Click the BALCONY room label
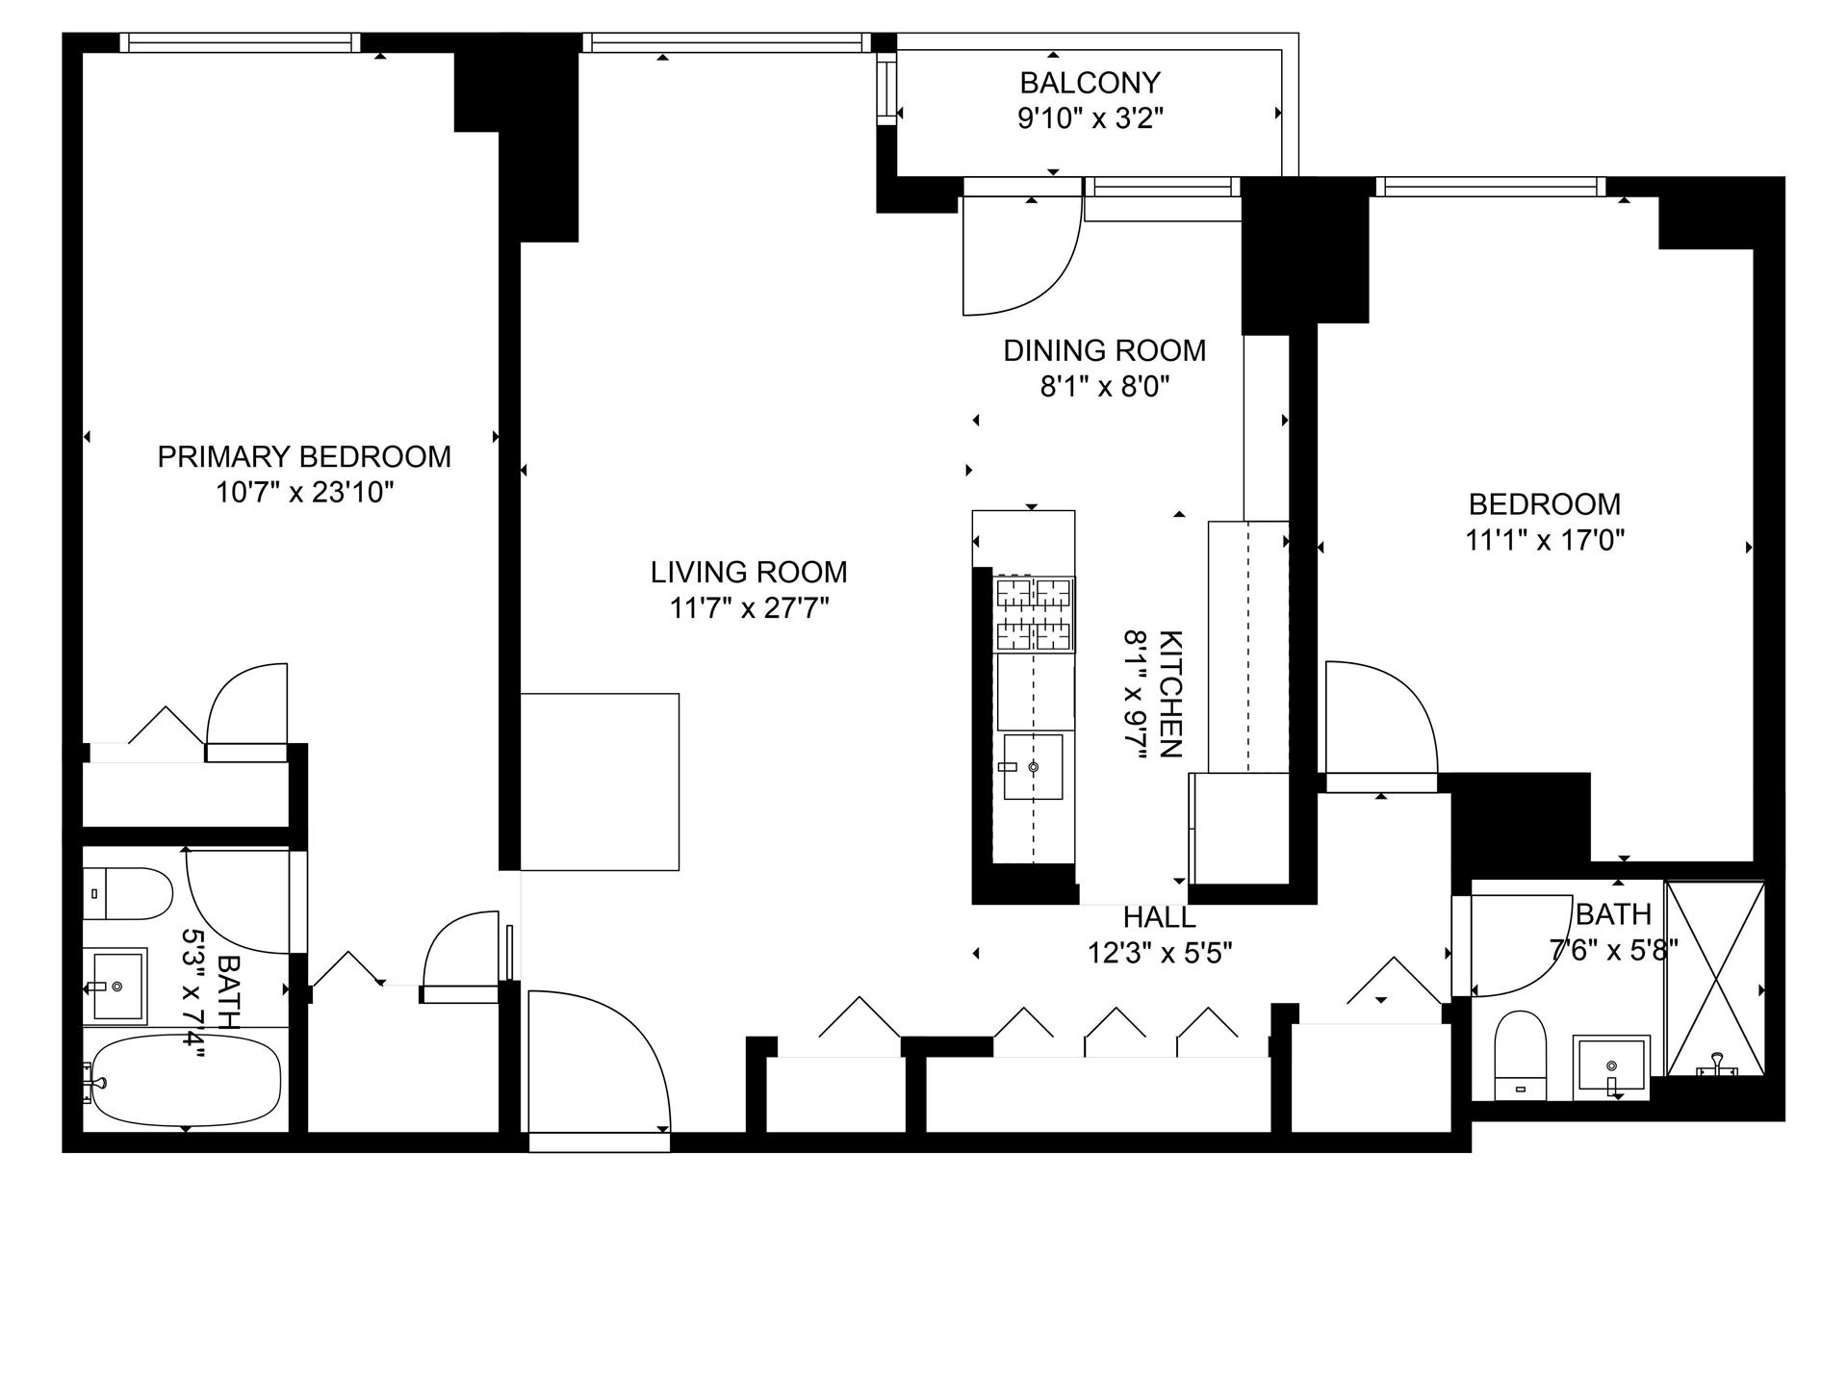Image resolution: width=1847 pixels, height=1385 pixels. (x=1090, y=83)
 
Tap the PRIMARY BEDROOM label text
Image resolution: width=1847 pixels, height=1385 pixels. (x=304, y=456)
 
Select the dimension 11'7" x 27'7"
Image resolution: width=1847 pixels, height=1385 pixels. (x=749, y=608)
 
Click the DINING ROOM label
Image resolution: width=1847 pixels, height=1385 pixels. (x=1104, y=350)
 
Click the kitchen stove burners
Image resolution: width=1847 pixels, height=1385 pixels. (x=1034, y=613)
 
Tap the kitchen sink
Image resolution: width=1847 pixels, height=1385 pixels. (x=1033, y=767)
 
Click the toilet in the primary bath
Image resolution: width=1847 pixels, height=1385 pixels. (x=126, y=892)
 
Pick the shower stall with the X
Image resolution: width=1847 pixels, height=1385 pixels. (x=1715, y=978)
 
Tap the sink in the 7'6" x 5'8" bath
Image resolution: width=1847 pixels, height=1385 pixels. (x=1611, y=1065)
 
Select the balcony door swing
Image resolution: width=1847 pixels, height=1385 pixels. (x=1020, y=255)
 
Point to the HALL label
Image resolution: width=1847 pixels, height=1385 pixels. (x=1159, y=917)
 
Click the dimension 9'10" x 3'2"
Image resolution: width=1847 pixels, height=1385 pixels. (x=1090, y=119)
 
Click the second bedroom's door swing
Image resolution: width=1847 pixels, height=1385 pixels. (x=1378, y=717)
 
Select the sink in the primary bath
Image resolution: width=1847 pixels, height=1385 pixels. (x=116, y=986)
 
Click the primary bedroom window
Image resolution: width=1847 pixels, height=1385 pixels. (x=241, y=42)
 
